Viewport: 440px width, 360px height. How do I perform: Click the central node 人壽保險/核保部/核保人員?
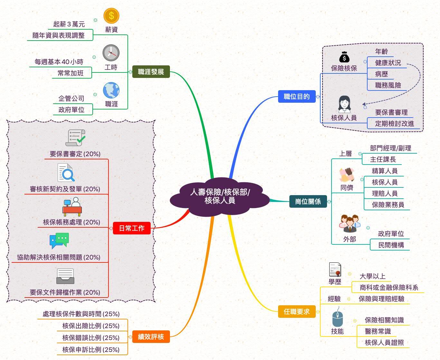coord(220,196)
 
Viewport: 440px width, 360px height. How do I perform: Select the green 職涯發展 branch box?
coord(151,72)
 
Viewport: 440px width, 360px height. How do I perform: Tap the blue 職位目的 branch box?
coord(296,96)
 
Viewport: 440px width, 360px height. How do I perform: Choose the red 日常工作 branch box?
coord(132,228)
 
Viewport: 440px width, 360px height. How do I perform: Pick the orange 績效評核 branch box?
coord(151,337)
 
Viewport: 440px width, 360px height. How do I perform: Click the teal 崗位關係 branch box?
coord(308,202)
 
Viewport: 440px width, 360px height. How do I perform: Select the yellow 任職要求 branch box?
coord(296,312)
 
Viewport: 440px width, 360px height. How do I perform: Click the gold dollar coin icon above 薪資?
coord(111,16)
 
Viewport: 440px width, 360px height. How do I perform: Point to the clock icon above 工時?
coord(111,53)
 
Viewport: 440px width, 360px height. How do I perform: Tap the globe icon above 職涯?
coord(111,90)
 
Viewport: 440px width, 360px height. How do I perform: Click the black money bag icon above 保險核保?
coord(344,57)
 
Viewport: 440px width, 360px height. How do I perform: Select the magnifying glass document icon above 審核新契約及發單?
coord(66,173)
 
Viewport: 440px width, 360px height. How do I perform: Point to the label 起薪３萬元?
coord(69,24)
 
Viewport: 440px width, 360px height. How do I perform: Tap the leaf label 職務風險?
coord(388,85)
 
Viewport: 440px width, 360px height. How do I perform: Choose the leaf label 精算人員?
coord(385,171)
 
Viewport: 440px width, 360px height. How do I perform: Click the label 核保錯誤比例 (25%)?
coord(91,338)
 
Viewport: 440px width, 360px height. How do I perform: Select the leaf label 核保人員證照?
coord(384,343)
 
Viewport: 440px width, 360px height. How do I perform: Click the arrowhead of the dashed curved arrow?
coord(364,104)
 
